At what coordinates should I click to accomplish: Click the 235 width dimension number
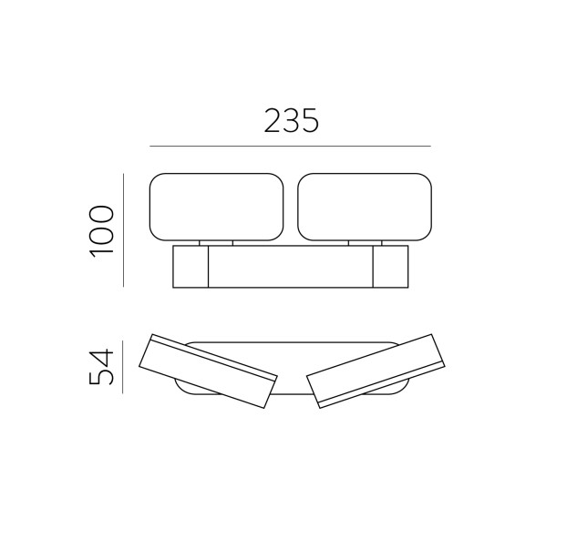pyautogui.click(x=291, y=120)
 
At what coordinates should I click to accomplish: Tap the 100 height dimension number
pyautogui.click(x=101, y=231)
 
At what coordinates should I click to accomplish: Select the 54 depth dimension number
pyautogui.click(x=101, y=366)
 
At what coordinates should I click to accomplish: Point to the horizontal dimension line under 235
pyautogui.click(x=290, y=147)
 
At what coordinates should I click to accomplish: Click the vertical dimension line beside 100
pyautogui.click(x=123, y=230)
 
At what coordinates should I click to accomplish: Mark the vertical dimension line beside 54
pyautogui.click(x=122, y=368)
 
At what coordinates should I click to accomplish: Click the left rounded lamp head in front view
pyautogui.click(x=216, y=207)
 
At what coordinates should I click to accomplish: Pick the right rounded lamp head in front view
pyautogui.click(x=365, y=207)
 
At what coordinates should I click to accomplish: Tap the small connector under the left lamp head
pyautogui.click(x=216, y=243)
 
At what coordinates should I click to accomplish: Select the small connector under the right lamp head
pyautogui.click(x=365, y=243)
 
